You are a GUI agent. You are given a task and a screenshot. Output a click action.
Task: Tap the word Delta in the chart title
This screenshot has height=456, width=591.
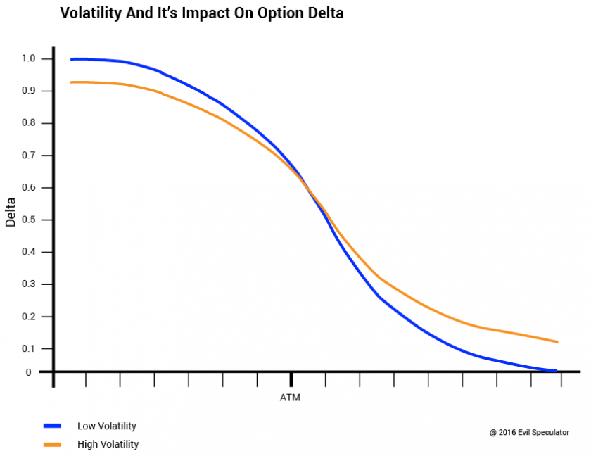pos(324,13)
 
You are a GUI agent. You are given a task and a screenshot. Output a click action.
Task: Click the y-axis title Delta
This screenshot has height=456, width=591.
pos(11,212)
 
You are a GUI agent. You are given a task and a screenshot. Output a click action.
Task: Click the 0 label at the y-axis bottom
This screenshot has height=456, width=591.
pos(29,372)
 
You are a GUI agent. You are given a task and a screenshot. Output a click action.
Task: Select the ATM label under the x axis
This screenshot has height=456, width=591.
pos(290,398)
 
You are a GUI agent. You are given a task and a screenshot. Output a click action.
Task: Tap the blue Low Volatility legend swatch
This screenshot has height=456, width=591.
pos(52,426)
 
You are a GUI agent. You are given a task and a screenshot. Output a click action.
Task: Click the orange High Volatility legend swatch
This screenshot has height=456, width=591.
pos(52,444)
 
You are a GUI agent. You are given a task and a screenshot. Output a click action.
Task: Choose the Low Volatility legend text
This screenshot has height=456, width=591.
pos(107,426)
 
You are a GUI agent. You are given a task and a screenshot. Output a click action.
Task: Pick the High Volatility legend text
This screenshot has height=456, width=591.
pos(108,444)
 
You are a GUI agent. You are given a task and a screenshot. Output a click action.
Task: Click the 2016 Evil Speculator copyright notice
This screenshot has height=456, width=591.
pos(530,432)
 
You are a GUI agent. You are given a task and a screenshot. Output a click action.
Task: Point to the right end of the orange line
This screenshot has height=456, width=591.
pos(557,342)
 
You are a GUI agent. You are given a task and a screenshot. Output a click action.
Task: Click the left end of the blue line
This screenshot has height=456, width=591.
pos(72,59)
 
